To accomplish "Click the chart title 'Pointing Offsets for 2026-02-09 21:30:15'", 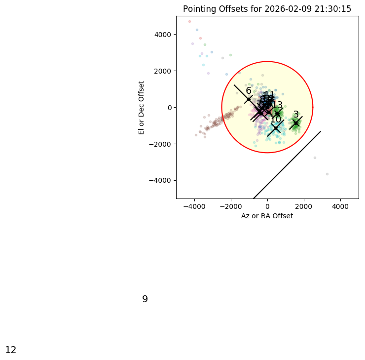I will click(x=267, y=9).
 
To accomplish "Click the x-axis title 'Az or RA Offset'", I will click(x=267, y=216).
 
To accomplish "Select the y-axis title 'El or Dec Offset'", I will click(x=142, y=107).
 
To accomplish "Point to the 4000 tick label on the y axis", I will click(x=162, y=35).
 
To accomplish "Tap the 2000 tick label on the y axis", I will click(x=162, y=71).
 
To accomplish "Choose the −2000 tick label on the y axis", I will click(x=161, y=144).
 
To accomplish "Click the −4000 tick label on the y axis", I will click(x=161, y=180).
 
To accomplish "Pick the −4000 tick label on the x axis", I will click(x=194, y=205).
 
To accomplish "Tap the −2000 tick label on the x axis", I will click(x=231, y=205).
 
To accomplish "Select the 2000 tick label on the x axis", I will click(x=304, y=205).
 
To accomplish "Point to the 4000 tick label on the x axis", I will click(x=340, y=205).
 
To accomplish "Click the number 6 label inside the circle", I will click(x=249, y=91).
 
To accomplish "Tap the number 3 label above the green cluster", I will click(x=296, y=115).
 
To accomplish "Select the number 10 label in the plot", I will click(x=276, y=120).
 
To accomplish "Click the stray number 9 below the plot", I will click(x=145, y=299).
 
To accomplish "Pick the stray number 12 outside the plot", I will click(x=11, y=350).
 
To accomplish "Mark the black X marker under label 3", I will click(x=296, y=123).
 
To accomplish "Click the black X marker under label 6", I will click(x=249, y=99).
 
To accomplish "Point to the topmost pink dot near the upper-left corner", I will click(x=189, y=21).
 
